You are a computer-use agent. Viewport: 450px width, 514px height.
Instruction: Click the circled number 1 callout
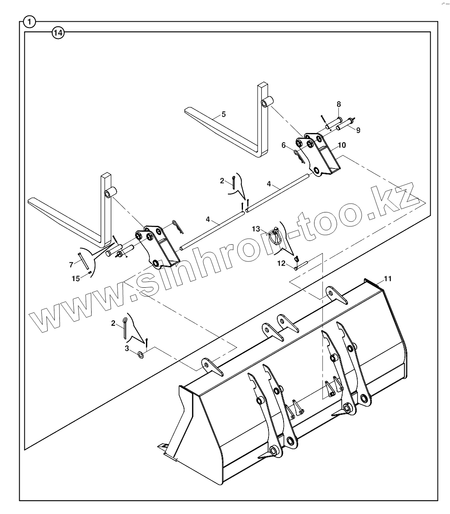29,21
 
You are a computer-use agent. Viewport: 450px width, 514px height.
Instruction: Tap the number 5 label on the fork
223,114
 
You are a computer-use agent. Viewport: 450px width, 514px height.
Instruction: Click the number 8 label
339,103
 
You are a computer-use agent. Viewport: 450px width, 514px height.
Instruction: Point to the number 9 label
358,130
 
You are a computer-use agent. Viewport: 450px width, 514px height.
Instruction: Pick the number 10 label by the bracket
342,145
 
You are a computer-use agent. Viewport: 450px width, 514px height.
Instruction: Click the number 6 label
284,145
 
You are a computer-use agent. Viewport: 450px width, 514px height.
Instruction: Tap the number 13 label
256,229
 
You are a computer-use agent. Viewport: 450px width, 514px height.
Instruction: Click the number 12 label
281,263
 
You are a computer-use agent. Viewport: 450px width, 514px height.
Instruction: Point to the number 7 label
71,264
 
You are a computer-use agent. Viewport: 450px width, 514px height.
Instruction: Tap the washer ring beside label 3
141,355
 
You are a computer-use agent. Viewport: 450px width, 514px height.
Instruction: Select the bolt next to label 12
301,266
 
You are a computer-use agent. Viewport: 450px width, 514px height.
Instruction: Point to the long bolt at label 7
82,261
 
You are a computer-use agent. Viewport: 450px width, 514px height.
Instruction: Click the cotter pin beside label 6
298,155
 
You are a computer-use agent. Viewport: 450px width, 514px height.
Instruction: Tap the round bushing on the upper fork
266,102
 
